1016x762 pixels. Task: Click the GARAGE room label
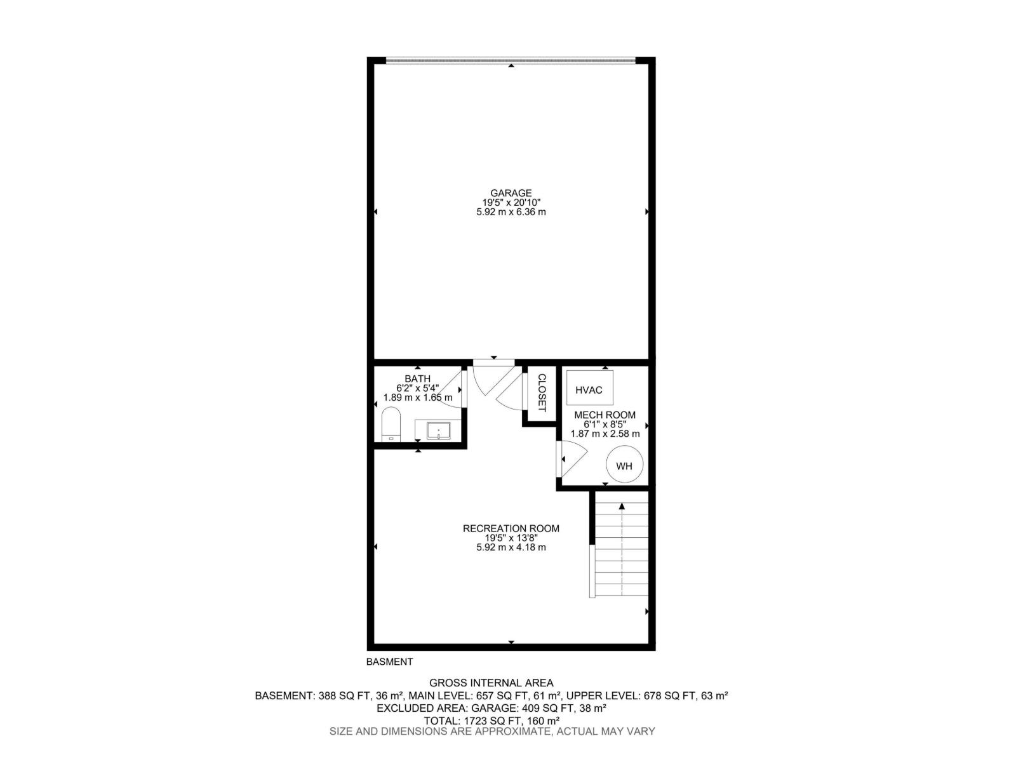511,193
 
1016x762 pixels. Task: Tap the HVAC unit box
590,388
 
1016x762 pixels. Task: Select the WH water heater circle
624,464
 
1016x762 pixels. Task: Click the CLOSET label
542,393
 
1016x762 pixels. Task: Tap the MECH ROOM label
605,415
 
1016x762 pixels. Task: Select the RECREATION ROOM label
511,528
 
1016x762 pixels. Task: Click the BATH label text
417,379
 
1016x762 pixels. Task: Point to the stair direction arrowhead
622,507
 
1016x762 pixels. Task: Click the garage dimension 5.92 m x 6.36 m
511,212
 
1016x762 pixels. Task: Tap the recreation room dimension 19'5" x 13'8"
511,538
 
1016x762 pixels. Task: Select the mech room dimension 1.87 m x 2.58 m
605,434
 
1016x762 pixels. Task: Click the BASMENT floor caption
389,662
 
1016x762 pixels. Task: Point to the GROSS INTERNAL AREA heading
491,683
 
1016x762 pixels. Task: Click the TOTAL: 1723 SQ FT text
474,720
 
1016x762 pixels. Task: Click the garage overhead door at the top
511,60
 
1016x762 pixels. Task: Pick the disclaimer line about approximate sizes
492,732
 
